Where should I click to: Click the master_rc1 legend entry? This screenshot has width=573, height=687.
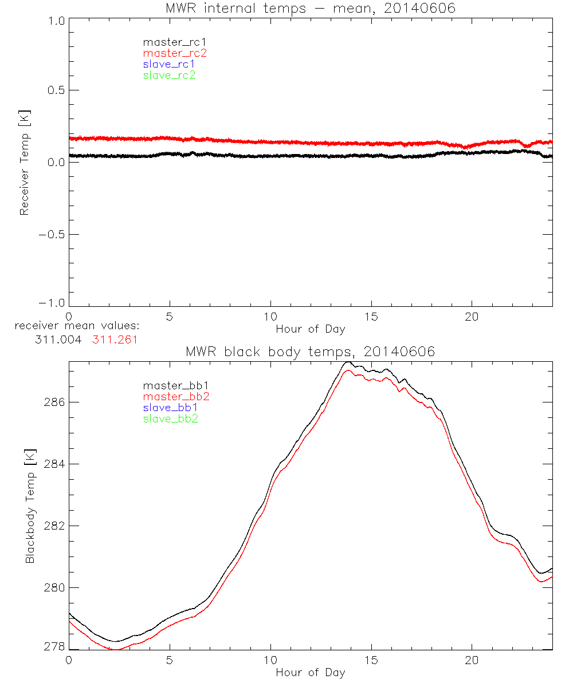pyautogui.click(x=169, y=42)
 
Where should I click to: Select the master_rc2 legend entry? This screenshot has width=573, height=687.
pyautogui.click(x=175, y=53)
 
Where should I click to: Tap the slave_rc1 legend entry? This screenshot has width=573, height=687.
pyautogui.click(x=169, y=64)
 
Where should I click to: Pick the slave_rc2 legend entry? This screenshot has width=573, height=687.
pyautogui.click(x=169, y=75)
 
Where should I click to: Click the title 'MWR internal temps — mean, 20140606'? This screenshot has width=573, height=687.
pyautogui.click(x=311, y=8)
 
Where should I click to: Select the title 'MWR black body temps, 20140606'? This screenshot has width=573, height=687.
pyautogui.click(x=311, y=352)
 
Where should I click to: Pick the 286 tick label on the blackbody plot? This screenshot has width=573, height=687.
pyautogui.click(x=54, y=402)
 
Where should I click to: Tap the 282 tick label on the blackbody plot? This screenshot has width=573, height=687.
pyautogui.click(x=54, y=526)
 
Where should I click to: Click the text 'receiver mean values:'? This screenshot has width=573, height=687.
pyautogui.click(x=77, y=326)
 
